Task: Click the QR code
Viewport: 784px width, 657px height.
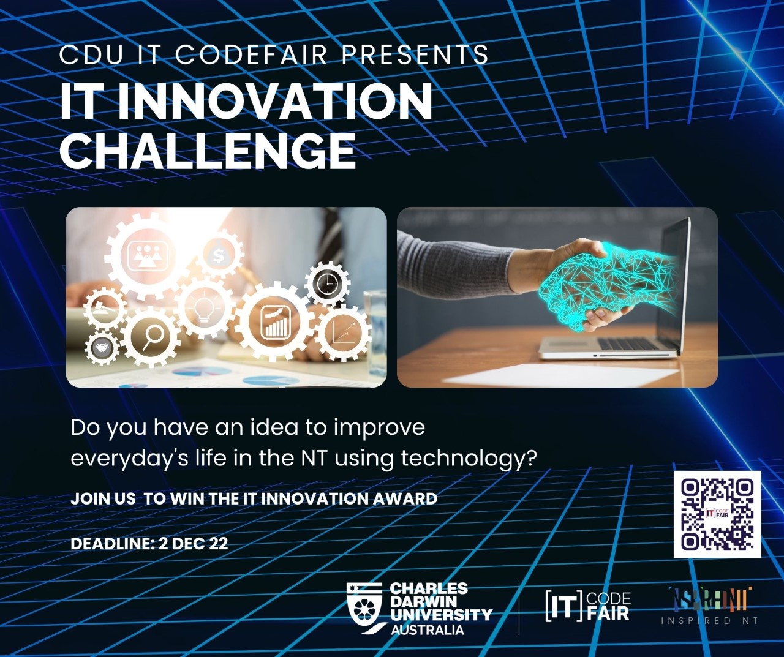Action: coord(717,514)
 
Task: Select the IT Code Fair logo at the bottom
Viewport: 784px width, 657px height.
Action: coord(587,606)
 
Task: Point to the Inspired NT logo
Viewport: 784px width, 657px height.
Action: coord(709,606)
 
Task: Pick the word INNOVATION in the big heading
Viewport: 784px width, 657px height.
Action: coord(275,102)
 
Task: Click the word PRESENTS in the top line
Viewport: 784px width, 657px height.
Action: coord(415,55)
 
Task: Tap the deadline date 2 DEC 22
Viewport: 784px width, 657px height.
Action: coord(193,543)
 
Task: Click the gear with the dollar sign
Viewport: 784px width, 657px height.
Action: coord(219,255)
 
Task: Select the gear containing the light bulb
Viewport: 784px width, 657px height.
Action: coord(203,307)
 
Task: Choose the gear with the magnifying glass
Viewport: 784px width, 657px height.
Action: coord(151,336)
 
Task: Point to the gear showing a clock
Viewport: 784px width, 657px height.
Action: coord(328,283)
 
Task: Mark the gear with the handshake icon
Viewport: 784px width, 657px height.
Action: coord(102,348)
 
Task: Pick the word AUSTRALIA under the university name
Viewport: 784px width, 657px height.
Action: coord(427,630)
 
